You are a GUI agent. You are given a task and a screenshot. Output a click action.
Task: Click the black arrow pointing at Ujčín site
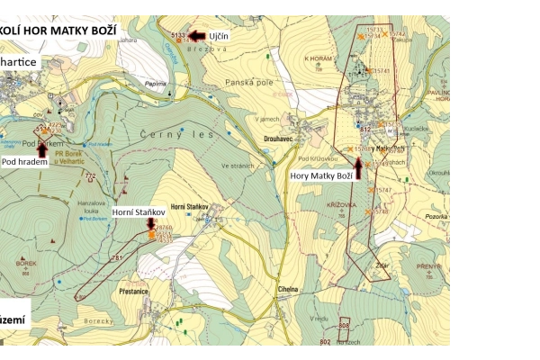[x=196, y=36]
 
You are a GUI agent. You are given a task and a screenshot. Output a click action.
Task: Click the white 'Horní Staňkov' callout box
[x=138, y=212]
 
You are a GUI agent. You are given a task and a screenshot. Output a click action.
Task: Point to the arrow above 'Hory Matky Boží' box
[x=357, y=164]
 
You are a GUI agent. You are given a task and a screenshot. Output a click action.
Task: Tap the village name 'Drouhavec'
[x=281, y=139]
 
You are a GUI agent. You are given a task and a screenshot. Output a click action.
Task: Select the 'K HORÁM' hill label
[x=319, y=58]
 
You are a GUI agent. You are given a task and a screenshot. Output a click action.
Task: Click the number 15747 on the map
[x=382, y=190]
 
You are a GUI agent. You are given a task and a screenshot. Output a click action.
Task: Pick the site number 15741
[x=382, y=70]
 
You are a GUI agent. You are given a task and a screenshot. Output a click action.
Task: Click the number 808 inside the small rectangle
[x=344, y=325]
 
